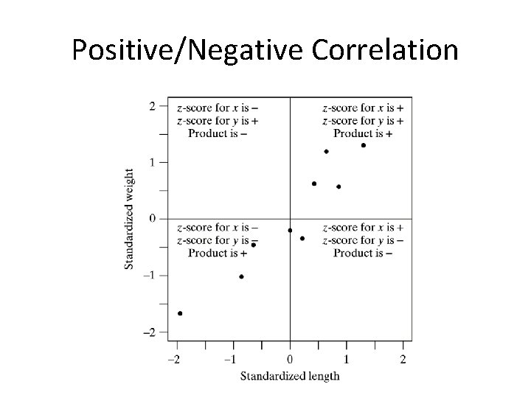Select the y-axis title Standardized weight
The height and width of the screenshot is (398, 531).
[129, 219]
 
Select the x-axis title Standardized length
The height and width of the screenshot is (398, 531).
[290, 377]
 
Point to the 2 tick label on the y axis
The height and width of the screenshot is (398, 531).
[152, 106]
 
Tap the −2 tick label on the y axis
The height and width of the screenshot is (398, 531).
[149, 332]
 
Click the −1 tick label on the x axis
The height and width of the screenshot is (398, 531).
[231, 359]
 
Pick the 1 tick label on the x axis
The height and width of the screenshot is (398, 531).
[347, 359]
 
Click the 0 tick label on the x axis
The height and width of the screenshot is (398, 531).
[290, 359]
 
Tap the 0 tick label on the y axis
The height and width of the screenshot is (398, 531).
[152, 219]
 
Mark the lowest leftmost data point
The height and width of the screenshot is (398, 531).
[180, 313]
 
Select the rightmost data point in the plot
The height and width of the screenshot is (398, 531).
[364, 145]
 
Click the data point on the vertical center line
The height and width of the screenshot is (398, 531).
[290, 231]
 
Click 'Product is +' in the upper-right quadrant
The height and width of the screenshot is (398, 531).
[362, 133]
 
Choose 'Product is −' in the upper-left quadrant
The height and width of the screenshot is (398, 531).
[218, 133]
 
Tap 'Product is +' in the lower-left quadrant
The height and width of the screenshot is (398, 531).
[218, 253]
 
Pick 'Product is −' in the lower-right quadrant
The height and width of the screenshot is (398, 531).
[362, 253]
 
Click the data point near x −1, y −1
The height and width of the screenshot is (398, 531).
[241, 277]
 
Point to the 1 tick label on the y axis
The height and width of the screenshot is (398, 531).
[152, 162]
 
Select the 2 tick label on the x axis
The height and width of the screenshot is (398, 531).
[403, 359]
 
